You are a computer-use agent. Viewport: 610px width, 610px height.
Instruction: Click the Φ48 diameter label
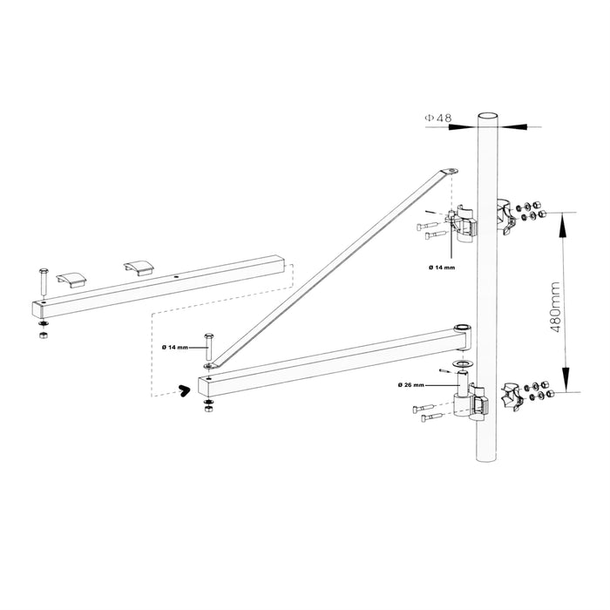[439, 117]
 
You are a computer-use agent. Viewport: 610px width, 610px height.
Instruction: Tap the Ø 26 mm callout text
[410, 384]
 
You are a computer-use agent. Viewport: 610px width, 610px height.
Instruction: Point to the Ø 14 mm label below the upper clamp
[442, 267]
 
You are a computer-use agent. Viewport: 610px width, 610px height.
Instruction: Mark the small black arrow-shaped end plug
[182, 390]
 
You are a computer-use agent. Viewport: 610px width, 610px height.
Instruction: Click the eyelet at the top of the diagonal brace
[450, 172]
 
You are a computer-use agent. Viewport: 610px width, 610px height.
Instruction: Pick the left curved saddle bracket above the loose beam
[71, 278]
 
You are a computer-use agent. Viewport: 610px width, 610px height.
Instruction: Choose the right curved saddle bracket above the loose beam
[138, 268]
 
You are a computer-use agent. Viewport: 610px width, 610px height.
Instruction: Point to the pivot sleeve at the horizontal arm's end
[461, 329]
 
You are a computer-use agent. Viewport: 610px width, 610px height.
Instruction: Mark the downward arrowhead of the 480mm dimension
[565, 383]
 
